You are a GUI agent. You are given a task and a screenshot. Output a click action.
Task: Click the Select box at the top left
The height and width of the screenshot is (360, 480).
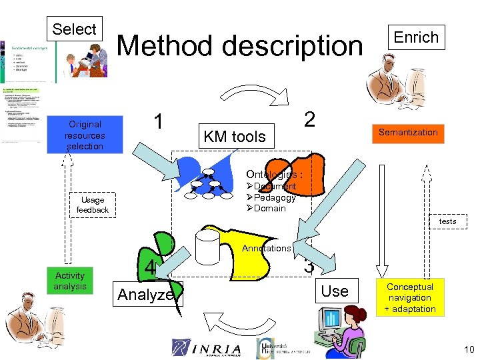(x=74, y=29)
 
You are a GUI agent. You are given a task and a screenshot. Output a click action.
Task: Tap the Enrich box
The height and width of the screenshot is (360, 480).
(x=416, y=37)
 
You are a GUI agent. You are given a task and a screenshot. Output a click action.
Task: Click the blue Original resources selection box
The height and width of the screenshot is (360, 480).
(x=85, y=135)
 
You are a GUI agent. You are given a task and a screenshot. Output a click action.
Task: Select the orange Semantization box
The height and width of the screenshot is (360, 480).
(x=408, y=132)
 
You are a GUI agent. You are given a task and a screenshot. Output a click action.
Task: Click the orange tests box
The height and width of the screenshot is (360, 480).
(x=447, y=221)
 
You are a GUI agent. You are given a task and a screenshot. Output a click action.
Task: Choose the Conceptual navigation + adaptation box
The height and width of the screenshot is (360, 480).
(x=410, y=297)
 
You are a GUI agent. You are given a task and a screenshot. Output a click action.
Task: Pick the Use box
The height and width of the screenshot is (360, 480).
(x=335, y=291)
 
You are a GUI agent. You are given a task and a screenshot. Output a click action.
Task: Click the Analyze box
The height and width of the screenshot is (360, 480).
(x=145, y=295)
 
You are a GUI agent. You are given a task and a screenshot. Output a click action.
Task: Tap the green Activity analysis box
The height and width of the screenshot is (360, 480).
(x=70, y=281)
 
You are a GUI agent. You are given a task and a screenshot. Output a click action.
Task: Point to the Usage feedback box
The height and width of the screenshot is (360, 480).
(x=93, y=205)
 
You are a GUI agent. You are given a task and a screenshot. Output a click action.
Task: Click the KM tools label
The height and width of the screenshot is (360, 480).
(x=234, y=137)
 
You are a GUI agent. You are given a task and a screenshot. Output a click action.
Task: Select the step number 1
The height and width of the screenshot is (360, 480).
(x=158, y=121)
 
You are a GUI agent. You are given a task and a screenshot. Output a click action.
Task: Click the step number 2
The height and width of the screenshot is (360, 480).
(x=309, y=119)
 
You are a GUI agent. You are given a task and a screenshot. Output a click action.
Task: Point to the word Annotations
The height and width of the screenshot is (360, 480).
(x=266, y=248)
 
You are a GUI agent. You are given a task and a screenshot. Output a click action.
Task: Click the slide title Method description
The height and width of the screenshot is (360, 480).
(x=240, y=46)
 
